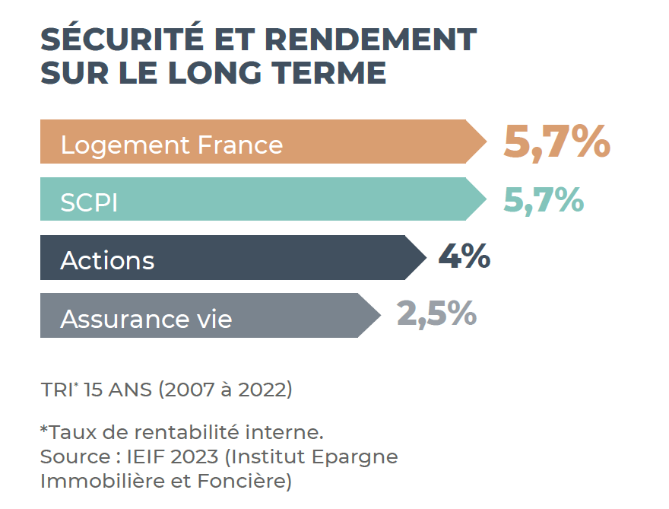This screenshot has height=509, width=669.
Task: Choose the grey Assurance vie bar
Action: coord(205,316)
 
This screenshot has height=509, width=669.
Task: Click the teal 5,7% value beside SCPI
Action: coord(544,199)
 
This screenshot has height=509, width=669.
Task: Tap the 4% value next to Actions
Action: coord(464,257)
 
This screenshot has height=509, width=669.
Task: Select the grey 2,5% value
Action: coord(436,313)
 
